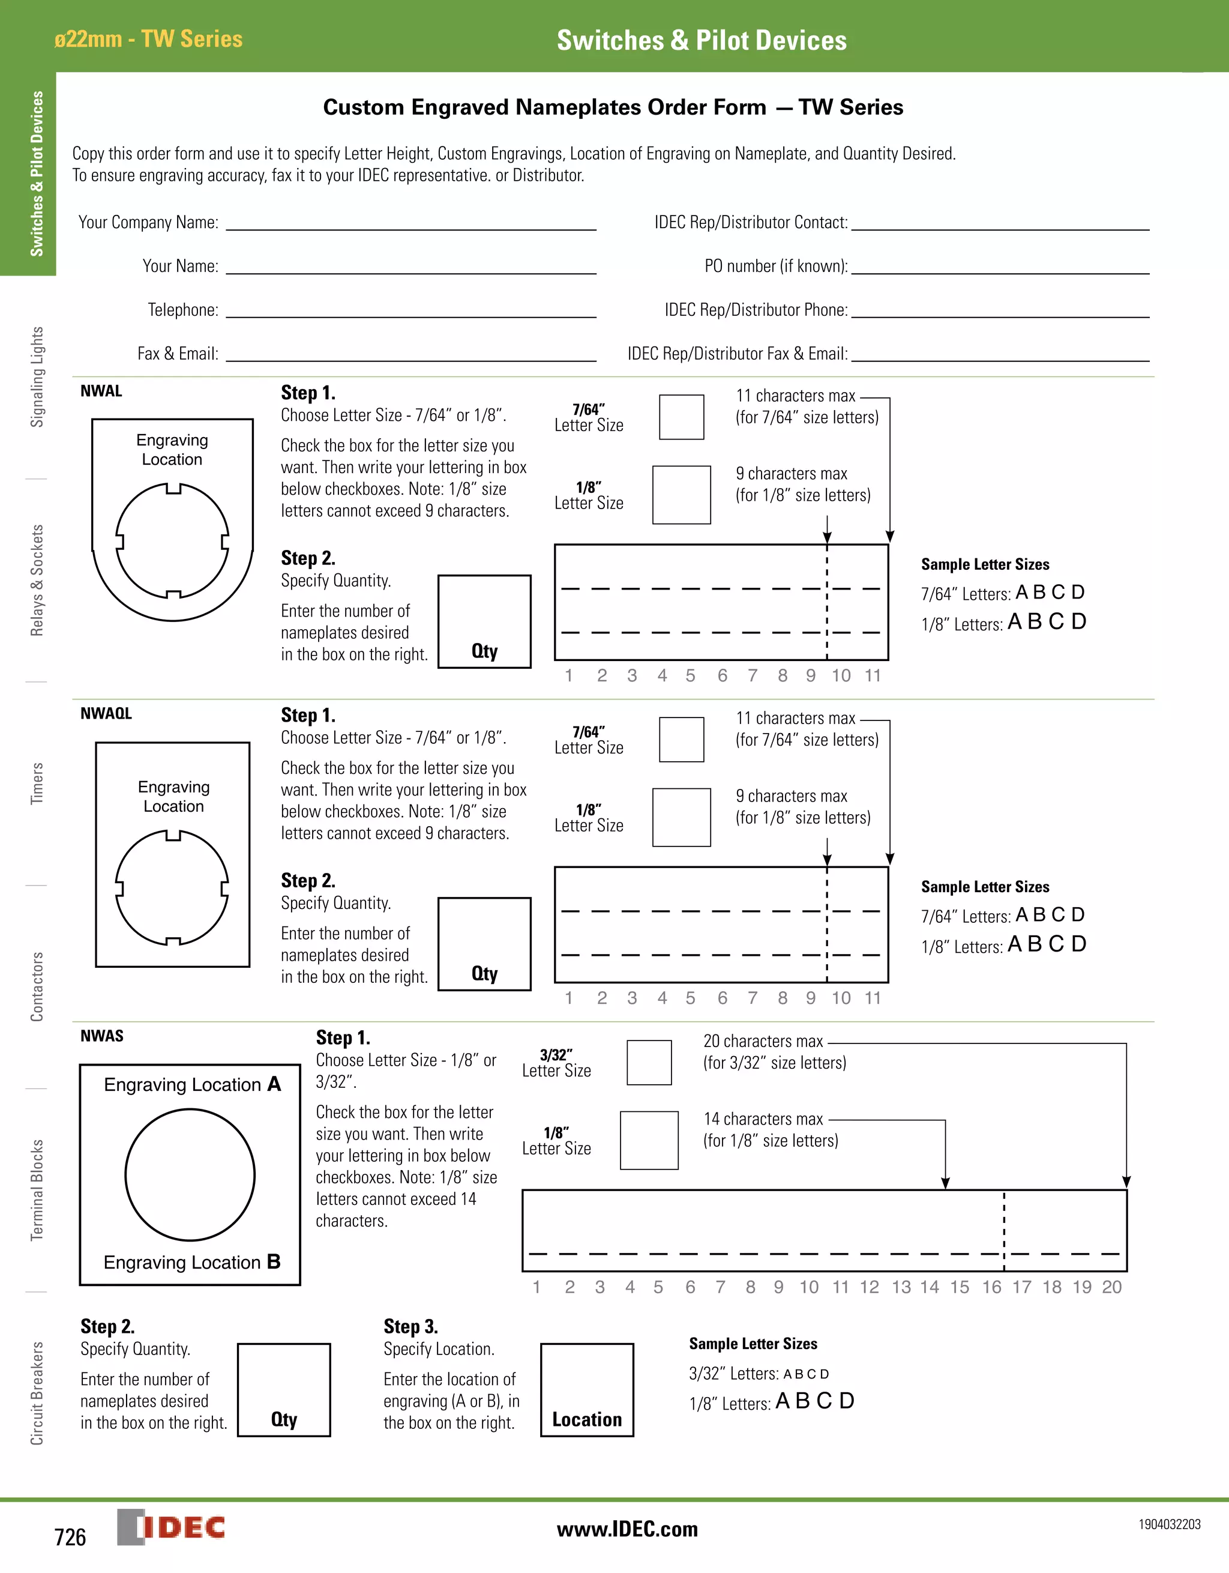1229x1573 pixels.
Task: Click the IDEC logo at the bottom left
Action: pyautogui.click(x=172, y=1527)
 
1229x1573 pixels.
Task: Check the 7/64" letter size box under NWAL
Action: pyautogui.click(x=681, y=417)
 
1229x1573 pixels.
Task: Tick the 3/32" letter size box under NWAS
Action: pyautogui.click(x=649, y=1062)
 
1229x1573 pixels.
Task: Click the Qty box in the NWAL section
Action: pyautogui.click(x=484, y=621)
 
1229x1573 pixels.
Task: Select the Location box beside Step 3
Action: pyautogui.click(x=587, y=1389)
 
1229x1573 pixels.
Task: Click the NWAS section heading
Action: pyautogui.click(x=101, y=1036)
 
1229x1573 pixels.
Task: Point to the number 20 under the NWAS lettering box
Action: pyautogui.click(x=1111, y=1287)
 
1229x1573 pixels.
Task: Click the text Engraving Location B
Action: pyautogui.click(x=191, y=1262)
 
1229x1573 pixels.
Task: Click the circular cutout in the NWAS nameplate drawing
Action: pyautogui.click(x=190, y=1175)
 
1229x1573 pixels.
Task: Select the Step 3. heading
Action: pyautogui.click(x=410, y=1326)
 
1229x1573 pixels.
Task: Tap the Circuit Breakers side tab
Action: pyautogui.click(x=37, y=1393)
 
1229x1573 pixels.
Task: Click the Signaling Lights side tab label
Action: pyautogui.click(x=37, y=376)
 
